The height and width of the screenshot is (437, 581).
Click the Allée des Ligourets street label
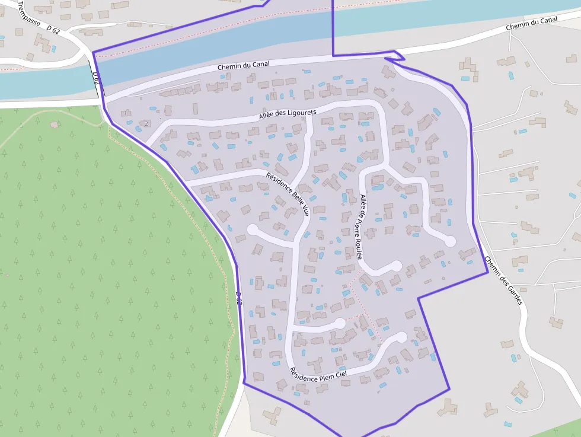[x=288, y=114]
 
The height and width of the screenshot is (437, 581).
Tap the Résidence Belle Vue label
[x=288, y=193]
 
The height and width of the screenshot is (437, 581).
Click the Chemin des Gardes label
[x=503, y=280]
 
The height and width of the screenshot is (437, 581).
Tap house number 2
[x=146, y=123]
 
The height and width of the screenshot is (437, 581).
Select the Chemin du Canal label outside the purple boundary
[x=532, y=24]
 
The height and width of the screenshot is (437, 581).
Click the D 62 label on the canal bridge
[x=96, y=78]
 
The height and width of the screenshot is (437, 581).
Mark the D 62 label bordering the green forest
[x=238, y=298]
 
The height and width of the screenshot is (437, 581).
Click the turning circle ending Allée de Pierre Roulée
[x=396, y=266]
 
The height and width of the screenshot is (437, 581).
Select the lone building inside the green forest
[x=55, y=125]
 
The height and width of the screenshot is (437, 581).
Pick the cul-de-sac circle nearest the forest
[x=253, y=229]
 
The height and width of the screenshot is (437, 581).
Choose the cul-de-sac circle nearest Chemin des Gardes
[x=450, y=241]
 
